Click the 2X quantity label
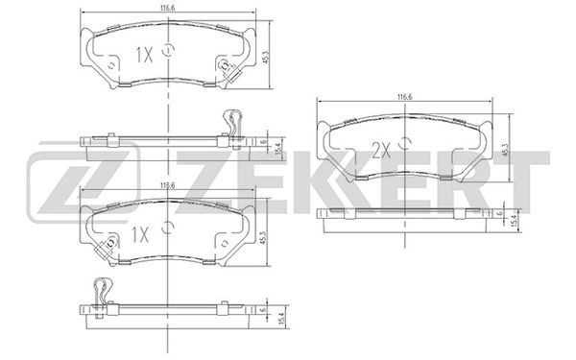coord(380,151)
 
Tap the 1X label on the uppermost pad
coord(144,55)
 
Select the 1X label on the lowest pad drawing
coord(140,234)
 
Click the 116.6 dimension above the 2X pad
coord(404,97)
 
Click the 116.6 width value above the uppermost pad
coord(167,8)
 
